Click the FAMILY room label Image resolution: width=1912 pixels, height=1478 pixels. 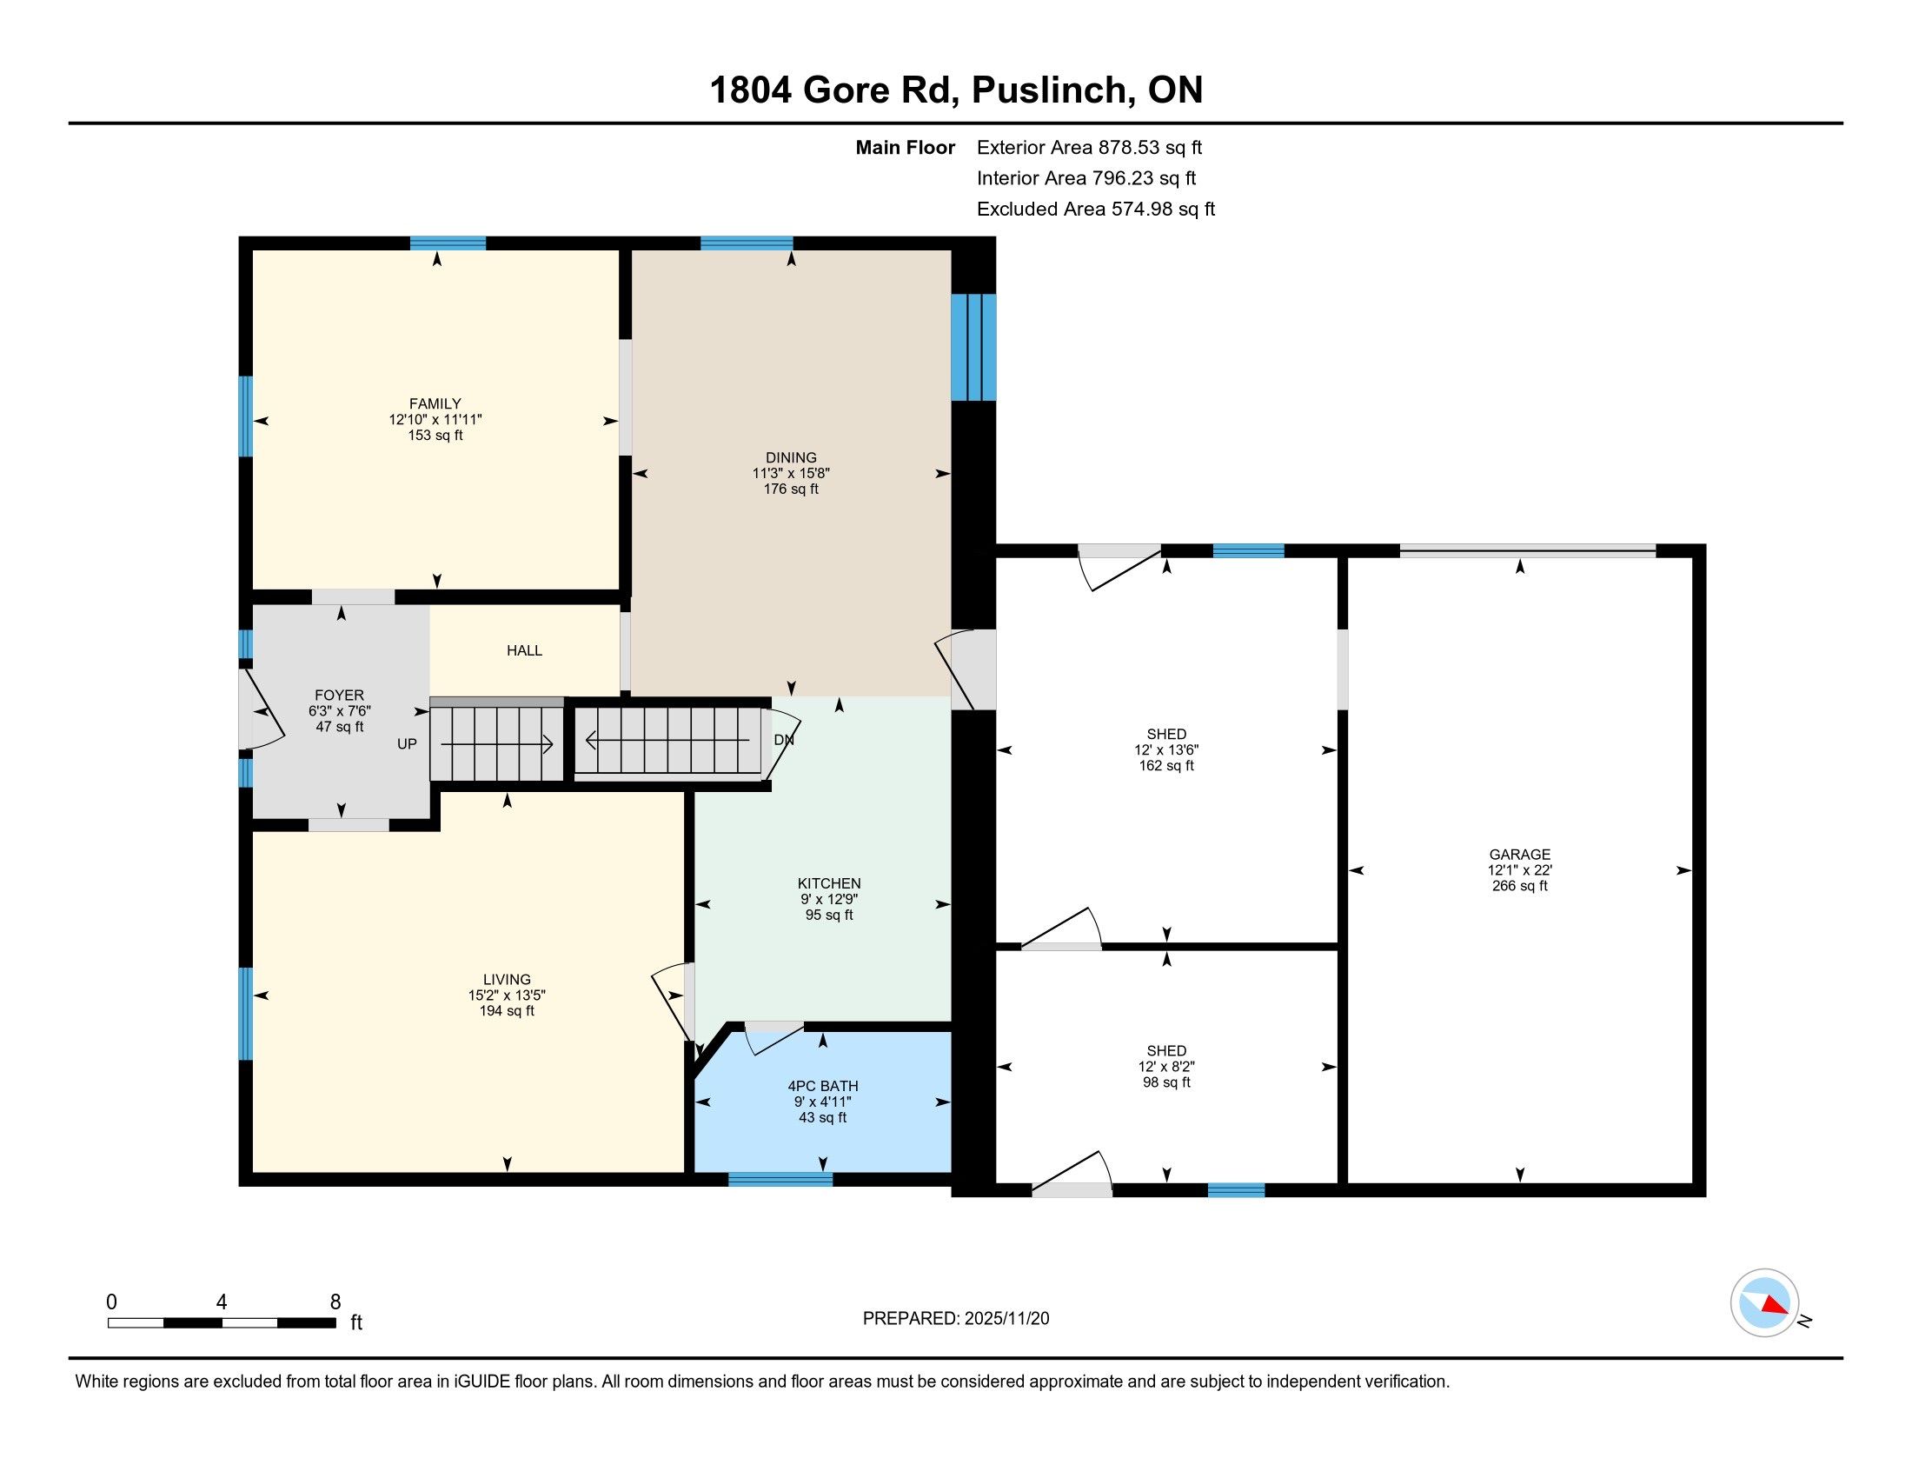435,403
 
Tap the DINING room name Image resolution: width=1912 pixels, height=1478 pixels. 791,457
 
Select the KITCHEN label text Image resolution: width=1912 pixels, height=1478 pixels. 829,883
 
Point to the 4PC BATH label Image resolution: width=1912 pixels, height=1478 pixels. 823,1086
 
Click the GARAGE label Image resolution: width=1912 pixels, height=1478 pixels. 1520,855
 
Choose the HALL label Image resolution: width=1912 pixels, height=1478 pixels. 524,650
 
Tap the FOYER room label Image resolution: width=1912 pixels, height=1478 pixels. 340,696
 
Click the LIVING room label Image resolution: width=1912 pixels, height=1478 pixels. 507,980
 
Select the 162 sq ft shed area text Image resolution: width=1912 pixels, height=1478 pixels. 1166,765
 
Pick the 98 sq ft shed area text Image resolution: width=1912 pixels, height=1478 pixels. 1166,1082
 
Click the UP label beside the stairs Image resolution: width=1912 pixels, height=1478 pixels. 407,744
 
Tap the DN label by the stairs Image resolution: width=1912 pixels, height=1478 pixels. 785,740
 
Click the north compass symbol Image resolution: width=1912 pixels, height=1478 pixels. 1765,1303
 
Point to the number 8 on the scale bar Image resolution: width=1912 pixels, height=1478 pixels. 335,1302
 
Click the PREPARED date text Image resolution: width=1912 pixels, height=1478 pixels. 956,1319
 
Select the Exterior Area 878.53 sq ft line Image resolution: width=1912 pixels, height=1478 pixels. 1090,147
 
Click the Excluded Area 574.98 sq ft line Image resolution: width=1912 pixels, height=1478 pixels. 1096,210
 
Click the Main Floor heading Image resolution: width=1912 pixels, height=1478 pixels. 906,147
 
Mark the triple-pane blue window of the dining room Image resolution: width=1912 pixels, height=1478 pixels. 973,347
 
